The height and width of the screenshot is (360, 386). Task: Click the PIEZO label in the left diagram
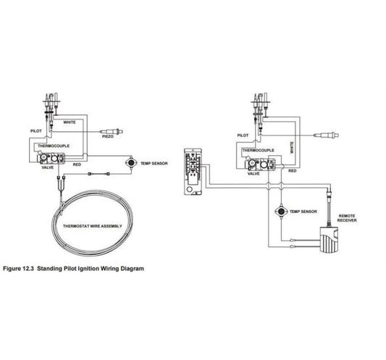(108, 136)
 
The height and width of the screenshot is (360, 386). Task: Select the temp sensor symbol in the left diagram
(130, 162)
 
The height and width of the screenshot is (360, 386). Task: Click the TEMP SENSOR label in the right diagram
(303, 212)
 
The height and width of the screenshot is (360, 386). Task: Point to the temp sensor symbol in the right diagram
(281, 212)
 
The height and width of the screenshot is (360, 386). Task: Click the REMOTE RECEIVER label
(347, 218)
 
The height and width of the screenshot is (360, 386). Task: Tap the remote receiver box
(329, 239)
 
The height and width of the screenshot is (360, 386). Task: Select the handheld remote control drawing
(193, 172)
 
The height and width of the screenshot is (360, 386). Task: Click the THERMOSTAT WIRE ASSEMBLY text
(92, 226)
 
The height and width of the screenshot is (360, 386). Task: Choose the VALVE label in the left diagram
(48, 167)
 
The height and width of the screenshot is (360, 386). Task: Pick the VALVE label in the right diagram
(253, 174)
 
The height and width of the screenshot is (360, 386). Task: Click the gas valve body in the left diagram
(51, 158)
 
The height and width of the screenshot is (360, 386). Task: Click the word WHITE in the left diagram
(70, 122)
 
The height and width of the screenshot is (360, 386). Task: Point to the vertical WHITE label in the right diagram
(292, 148)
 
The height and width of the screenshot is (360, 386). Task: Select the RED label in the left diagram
(77, 164)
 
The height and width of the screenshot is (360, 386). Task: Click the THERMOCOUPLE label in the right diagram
(259, 150)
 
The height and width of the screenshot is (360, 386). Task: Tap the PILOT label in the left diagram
(36, 131)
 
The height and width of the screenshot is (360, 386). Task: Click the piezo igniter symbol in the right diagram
(326, 135)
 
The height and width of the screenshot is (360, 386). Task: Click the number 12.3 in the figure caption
(28, 269)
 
